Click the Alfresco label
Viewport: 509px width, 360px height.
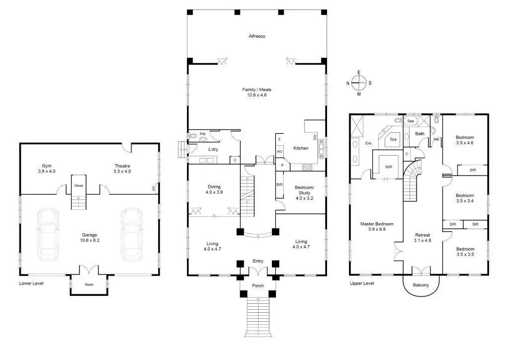click(x=257, y=36)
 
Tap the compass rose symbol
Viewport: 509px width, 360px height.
click(x=359, y=83)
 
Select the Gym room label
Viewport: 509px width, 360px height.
click(x=47, y=169)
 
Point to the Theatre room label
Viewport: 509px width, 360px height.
click(x=122, y=169)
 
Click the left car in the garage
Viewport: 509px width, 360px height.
click(x=48, y=234)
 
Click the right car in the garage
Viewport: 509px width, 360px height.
click(x=132, y=234)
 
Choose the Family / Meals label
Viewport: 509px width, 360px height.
click(x=256, y=92)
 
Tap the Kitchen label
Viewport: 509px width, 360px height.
click(x=301, y=148)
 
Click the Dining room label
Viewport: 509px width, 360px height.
click(x=214, y=189)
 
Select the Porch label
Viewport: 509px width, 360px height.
click(x=258, y=285)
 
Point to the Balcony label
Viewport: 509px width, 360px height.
click(x=421, y=285)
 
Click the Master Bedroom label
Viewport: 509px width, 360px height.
click(x=377, y=226)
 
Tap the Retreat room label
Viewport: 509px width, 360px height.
click(x=423, y=238)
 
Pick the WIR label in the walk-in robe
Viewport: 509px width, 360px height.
click(x=388, y=167)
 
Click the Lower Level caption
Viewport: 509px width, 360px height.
click(x=31, y=283)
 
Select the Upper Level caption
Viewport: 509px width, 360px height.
click(x=362, y=283)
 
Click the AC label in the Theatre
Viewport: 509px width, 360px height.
click(x=154, y=187)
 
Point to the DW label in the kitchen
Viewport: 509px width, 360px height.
click(x=315, y=137)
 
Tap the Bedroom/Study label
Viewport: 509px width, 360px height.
click(x=304, y=192)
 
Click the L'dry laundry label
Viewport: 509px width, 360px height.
click(x=213, y=149)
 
